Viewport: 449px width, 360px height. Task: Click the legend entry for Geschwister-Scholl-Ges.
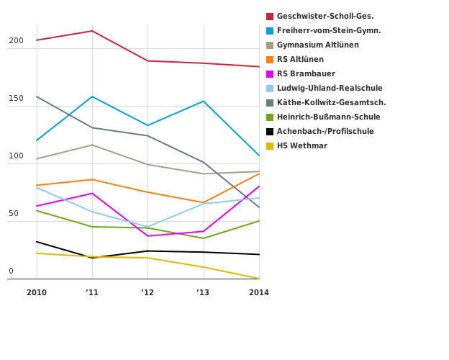tap(325, 17)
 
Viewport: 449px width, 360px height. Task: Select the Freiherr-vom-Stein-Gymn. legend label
tap(328, 31)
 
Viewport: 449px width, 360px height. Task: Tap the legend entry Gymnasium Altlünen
tap(317, 45)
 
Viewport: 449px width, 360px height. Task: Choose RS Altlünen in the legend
tap(300, 60)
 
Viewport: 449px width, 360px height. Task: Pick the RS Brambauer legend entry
tap(306, 74)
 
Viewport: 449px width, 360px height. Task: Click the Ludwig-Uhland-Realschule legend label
tap(329, 89)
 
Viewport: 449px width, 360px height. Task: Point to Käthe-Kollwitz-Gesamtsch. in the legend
tap(331, 103)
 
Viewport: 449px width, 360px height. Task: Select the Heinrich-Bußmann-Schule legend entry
tap(328, 117)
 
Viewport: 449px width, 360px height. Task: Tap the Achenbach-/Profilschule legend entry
tap(325, 132)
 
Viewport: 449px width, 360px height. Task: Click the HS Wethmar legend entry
tap(301, 146)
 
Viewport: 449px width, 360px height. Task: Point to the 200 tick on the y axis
tap(16, 41)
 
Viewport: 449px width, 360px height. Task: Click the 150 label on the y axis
tap(16, 99)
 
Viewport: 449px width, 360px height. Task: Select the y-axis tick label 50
tap(14, 214)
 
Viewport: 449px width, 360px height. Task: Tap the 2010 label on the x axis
tap(37, 292)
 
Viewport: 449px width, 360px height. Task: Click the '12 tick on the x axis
tap(148, 292)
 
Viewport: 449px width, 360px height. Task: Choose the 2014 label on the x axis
tap(259, 292)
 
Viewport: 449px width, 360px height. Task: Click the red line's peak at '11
tap(92, 31)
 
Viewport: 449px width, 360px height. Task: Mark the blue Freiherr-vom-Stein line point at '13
tap(204, 102)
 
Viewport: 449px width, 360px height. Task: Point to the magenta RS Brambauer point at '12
tap(148, 236)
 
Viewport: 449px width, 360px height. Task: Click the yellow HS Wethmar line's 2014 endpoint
tap(259, 279)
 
